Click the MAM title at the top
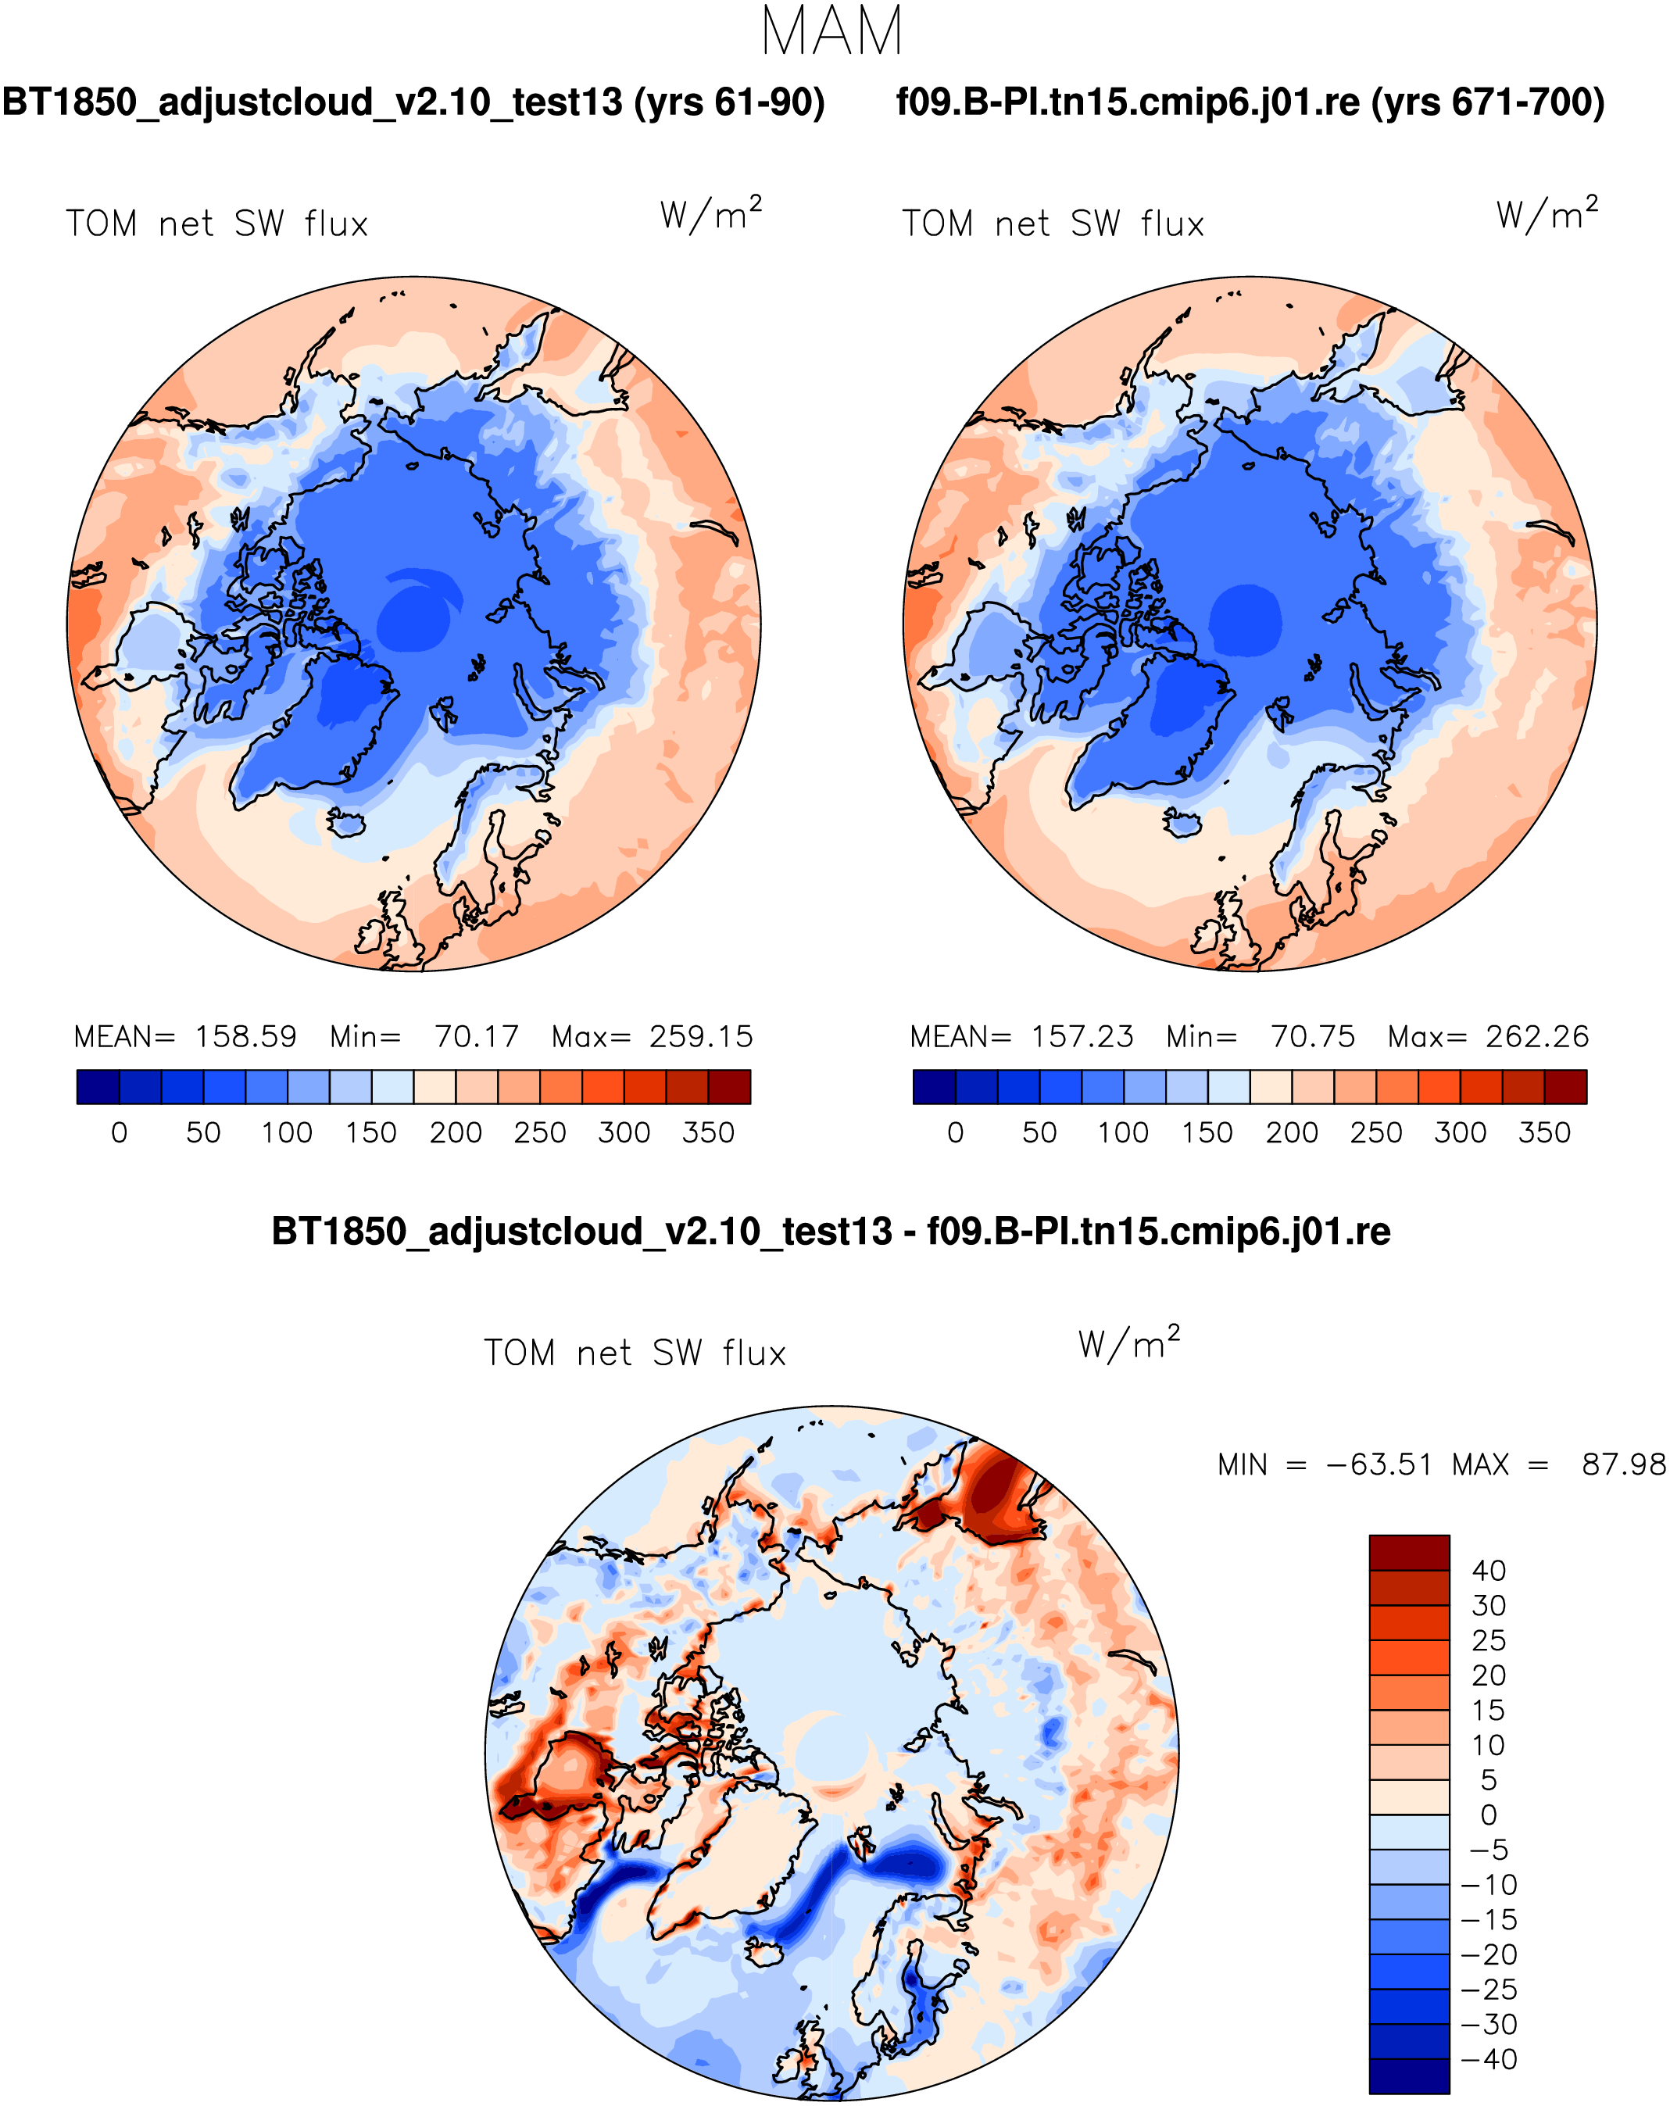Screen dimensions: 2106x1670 [x=832, y=32]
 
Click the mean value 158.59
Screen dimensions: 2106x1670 [x=245, y=1036]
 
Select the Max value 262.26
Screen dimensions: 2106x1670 [x=1537, y=1036]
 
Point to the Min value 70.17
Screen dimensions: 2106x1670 [x=477, y=1036]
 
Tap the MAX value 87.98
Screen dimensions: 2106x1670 [x=1623, y=1464]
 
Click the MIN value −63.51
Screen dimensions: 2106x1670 [x=1378, y=1464]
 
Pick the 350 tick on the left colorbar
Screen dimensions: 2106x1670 [x=708, y=1132]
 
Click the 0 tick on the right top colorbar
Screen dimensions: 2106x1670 [x=955, y=1132]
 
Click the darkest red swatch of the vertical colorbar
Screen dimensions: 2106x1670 [x=1408, y=1552]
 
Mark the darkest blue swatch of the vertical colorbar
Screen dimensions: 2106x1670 [x=1408, y=2076]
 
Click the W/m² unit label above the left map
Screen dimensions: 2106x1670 [x=710, y=214]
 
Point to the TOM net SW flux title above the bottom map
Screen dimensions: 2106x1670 [x=635, y=1353]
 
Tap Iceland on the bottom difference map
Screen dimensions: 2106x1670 [x=765, y=1953]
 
